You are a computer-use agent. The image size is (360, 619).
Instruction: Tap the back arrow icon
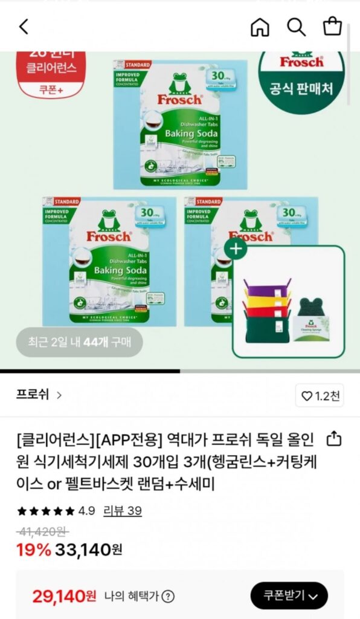click(x=24, y=27)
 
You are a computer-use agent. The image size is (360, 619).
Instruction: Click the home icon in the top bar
click(x=260, y=27)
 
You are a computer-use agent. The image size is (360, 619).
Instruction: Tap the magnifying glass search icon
click(x=296, y=27)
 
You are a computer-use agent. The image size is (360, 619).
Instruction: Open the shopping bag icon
click(x=332, y=27)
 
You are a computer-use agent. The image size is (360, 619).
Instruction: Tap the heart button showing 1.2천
click(x=321, y=396)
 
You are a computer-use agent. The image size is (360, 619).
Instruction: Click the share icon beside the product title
click(x=333, y=438)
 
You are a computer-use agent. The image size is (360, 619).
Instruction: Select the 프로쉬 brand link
click(x=39, y=395)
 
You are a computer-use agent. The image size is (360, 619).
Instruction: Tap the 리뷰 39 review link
click(x=123, y=511)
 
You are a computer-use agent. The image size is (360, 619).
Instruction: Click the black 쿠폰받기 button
click(x=289, y=596)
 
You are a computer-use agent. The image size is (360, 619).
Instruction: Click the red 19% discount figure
click(x=34, y=549)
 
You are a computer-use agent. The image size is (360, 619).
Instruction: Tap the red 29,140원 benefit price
click(x=64, y=597)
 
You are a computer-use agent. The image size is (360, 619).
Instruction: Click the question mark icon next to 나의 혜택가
click(x=168, y=597)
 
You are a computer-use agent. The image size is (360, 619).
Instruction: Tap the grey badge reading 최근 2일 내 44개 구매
click(x=79, y=342)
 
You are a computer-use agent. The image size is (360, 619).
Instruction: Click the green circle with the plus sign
click(x=236, y=248)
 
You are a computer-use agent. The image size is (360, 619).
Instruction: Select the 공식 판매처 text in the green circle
click(x=301, y=90)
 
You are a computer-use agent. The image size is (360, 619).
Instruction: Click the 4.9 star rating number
click(x=86, y=511)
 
